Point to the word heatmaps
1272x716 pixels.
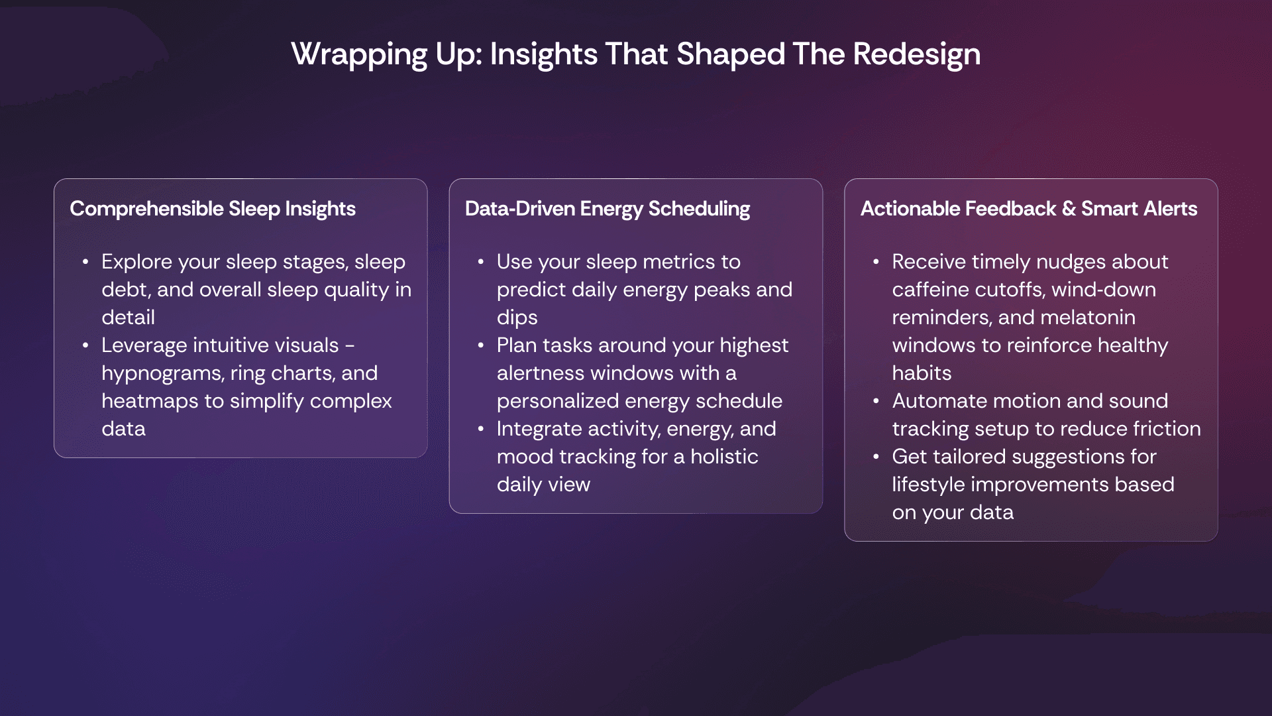(150, 401)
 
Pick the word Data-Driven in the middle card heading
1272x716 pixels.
(520, 209)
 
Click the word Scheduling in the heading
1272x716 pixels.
(699, 209)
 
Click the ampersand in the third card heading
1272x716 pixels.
(1069, 209)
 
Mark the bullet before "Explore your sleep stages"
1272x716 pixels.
(85, 263)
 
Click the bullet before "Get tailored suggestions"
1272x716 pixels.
(876, 457)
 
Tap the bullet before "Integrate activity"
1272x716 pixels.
(481, 430)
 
